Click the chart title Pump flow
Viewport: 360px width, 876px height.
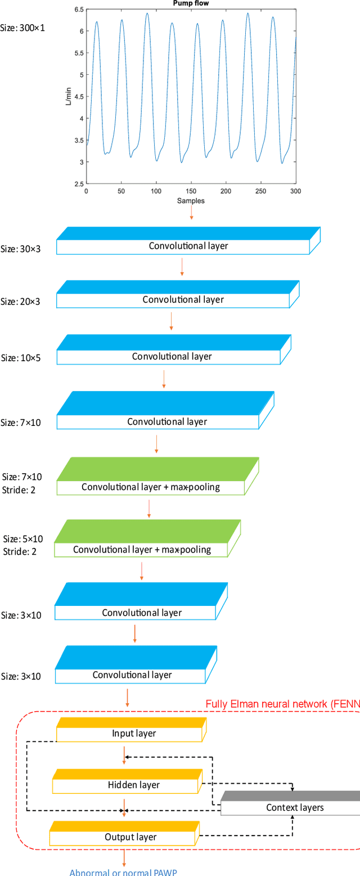click(191, 4)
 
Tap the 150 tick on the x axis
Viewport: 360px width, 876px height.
click(191, 191)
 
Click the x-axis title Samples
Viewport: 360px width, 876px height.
click(191, 201)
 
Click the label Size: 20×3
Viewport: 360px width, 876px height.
click(20, 302)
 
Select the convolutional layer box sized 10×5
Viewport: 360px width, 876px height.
click(172, 356)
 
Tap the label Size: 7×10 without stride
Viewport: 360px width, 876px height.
click(21, 423)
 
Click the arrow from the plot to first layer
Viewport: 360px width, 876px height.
click(191, 213)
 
